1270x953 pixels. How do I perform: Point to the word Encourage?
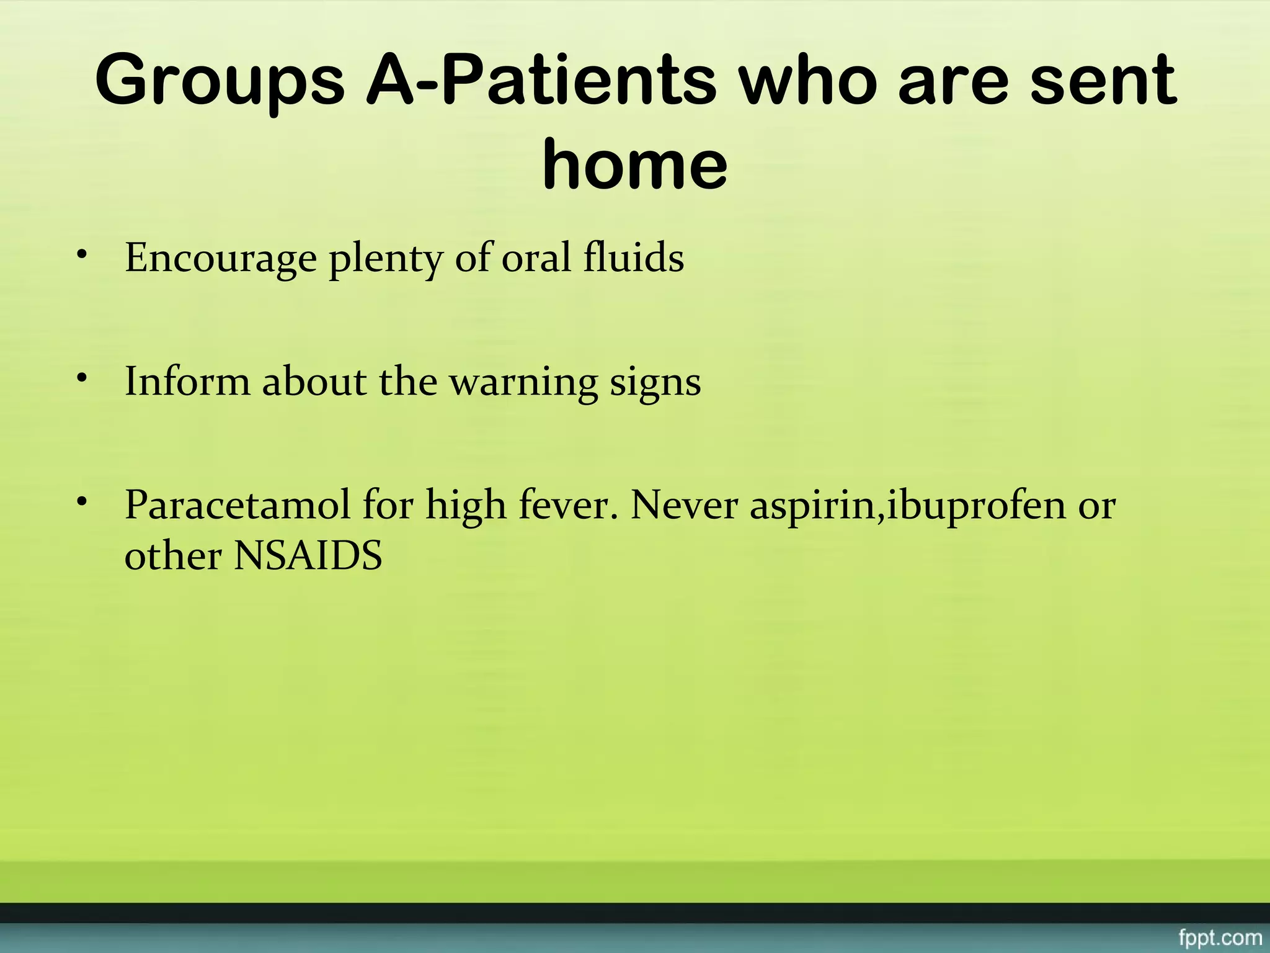click(221, 258)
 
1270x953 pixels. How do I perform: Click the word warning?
click(523, 382)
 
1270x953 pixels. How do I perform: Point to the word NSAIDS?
click(308, 555)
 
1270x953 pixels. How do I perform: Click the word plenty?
click(385, 258)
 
